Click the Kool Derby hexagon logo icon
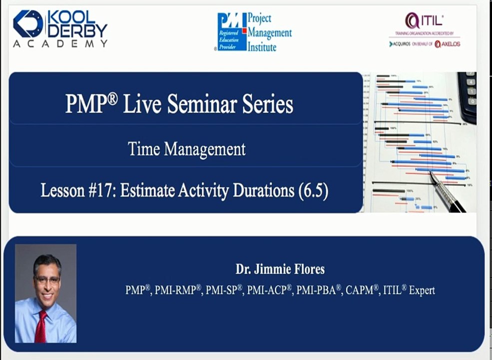(x=28, y=23)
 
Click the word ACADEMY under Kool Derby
(x=60, y=44)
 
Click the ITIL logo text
(x=425, y=21)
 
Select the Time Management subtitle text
(x=186, y=149)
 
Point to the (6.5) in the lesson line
(x=313, y=191)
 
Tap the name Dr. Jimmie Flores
(x=280, y=269)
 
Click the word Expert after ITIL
(x=422, y=290)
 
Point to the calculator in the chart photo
(x=469, y=95)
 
